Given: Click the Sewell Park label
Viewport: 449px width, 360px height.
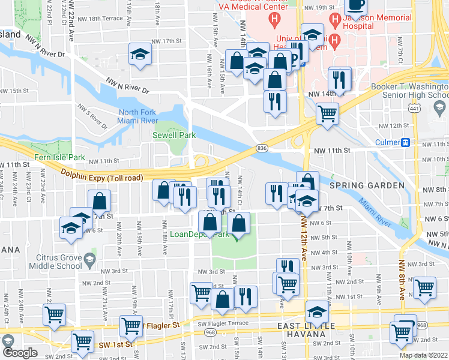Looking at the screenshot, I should [x=174, y=136].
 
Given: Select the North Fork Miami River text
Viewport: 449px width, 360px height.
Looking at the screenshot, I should [x=138, y=117].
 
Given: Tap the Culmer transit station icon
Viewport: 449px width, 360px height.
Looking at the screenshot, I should [x=406, y=143].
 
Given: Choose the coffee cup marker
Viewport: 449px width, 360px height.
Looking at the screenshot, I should [x=355, y=5].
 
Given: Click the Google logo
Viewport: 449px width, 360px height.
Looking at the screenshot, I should [x=19, y=353].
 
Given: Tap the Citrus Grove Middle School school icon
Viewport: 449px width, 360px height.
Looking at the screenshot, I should [x=89, y=260].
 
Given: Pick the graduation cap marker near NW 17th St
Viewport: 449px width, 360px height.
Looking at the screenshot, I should [x=139, y=55].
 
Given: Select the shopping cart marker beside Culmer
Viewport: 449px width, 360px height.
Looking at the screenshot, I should [x=327, y=113].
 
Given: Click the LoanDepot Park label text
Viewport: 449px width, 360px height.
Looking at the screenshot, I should [x=212, y=235].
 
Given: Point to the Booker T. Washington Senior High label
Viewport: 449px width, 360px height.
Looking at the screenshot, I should [x=409, y=91].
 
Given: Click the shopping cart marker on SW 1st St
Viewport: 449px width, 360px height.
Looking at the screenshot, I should [x=82, y=342].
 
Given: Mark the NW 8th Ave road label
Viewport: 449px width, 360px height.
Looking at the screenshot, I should [x=400, y=282].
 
